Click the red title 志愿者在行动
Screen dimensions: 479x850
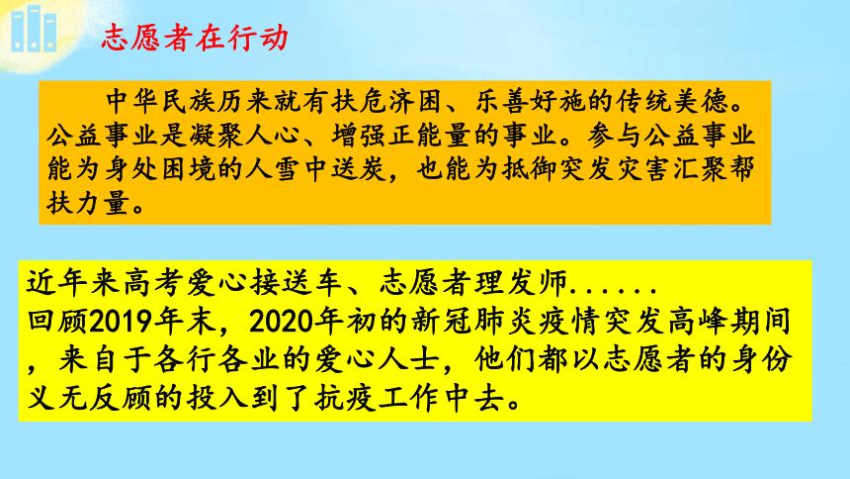[x=195, y=38]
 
